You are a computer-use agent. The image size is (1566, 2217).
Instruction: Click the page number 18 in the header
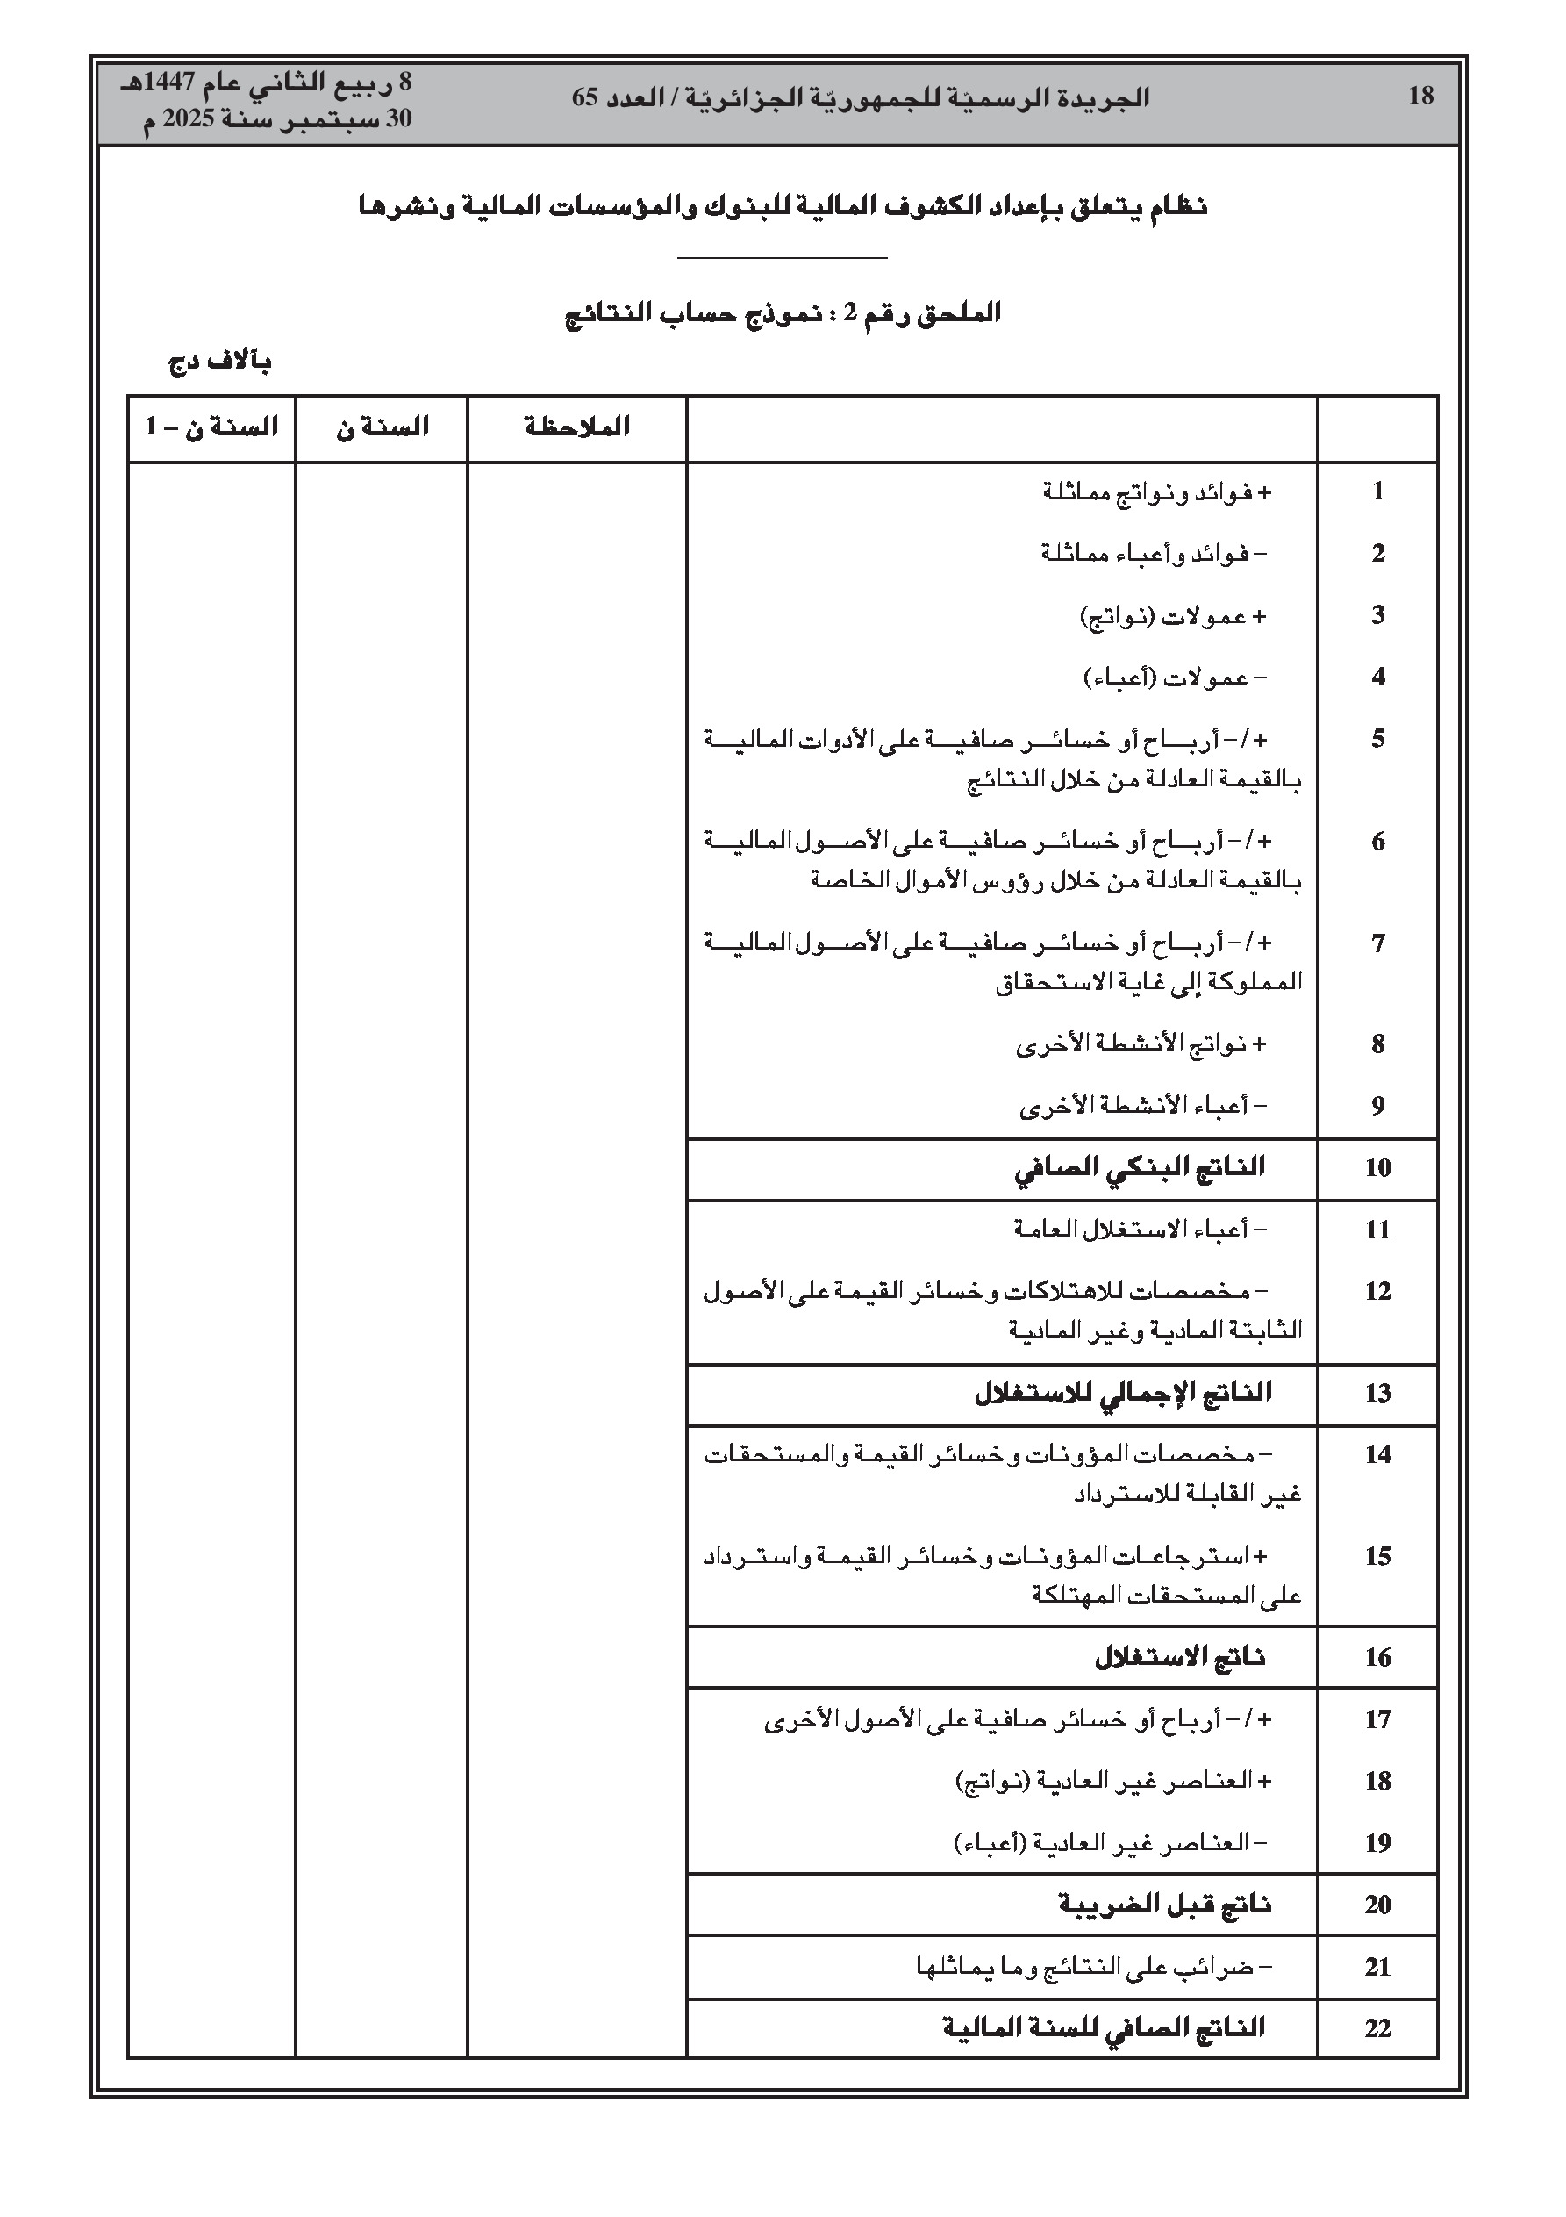click(1420, 96)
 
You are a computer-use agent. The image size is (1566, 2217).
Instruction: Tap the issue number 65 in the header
click(586, 97)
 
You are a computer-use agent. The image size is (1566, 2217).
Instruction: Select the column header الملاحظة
click(576, 427)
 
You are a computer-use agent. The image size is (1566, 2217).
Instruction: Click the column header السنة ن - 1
click(211, 427)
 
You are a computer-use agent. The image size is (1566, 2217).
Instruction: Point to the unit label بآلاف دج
click(220, 363)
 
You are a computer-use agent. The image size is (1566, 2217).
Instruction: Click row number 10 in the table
click(1377, 1168)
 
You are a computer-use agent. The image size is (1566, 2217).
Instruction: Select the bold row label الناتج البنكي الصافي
click(1140, 1168)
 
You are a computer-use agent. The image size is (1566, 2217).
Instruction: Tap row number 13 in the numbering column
click(1377, 1394)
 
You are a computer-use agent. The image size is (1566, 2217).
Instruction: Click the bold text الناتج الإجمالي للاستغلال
click(1123, 1394)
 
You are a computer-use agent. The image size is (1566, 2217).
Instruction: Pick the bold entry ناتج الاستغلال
click(1180, 1658)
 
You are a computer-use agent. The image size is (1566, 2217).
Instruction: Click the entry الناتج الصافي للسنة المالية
click(1104, 2027)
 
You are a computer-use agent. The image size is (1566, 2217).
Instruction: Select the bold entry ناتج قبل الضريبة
click(1164, 1905)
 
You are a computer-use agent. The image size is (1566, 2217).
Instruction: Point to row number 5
click(1377, 740)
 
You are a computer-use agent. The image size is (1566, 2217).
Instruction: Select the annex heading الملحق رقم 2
click(913, 314)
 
